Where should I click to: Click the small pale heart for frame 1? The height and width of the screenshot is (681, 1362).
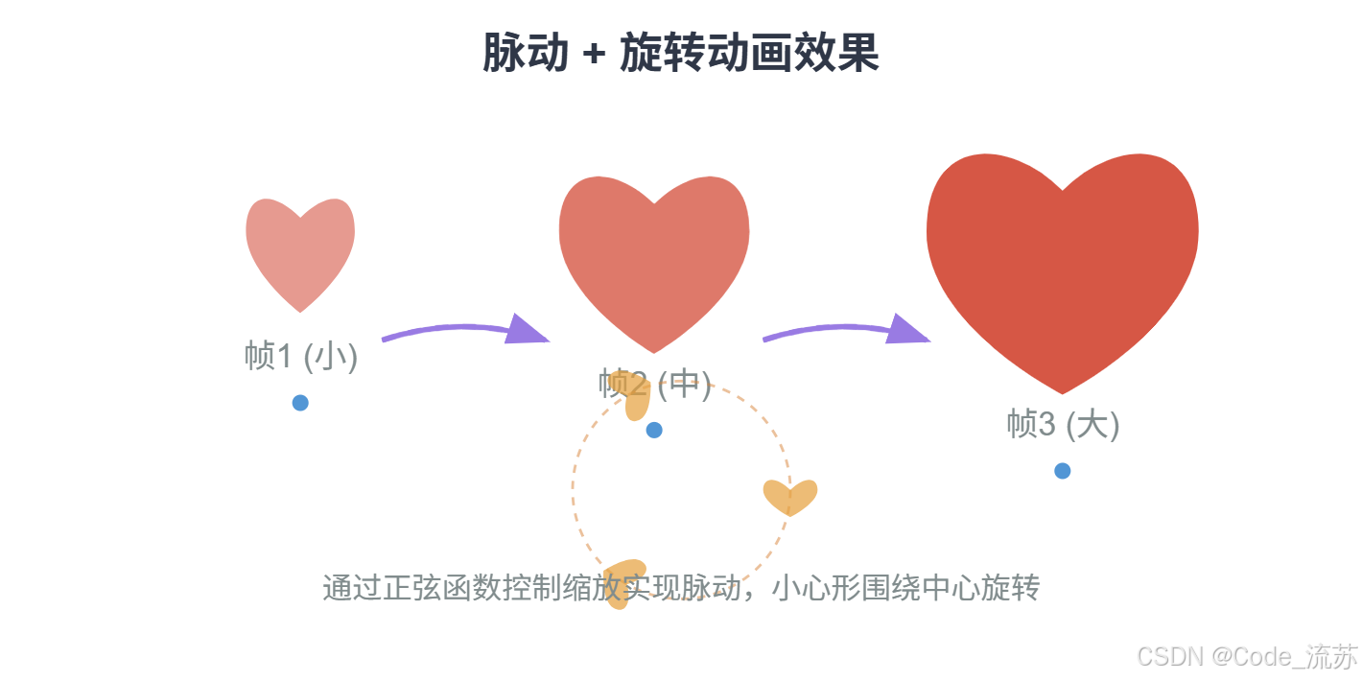point(300,249)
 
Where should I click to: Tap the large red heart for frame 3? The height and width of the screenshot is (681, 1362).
point(1062,264)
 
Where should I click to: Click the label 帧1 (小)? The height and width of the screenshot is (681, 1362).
point(300,356)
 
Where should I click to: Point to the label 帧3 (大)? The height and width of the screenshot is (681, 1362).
point(1063,423)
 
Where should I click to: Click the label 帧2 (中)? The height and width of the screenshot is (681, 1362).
point(654,384)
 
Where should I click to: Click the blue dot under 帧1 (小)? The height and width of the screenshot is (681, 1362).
point(300,403)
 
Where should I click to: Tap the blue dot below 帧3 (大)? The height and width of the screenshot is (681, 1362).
point(1062,471)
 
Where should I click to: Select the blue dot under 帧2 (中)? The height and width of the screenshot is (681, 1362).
point(654,430)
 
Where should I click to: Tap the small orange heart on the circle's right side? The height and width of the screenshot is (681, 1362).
point(790,496)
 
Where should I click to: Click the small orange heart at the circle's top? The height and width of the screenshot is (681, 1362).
point(634,395)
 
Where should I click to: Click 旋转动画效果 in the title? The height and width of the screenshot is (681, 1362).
point(749,54)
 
